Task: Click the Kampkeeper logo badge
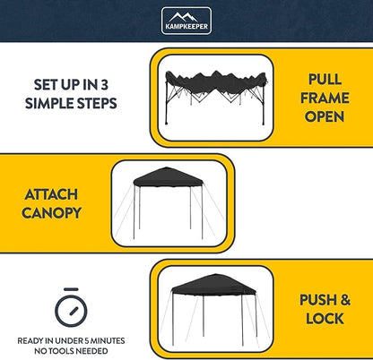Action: click(186, 21)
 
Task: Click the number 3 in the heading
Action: click(104, 85)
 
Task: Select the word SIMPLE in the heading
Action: click(49, 103)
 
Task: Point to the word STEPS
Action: click(97, 103)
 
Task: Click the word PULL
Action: click(325, 80)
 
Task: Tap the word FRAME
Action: click(325, 98)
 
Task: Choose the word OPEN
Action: click(325, 116)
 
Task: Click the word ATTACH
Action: click(51, 194)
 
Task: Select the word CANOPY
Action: click(51, 213)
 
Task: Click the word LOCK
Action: click(325, 319)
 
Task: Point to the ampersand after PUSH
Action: click(345, 300)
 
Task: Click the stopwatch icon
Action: click(71, 307)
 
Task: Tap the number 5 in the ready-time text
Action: click(87, 341)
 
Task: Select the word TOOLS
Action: click(61, 351)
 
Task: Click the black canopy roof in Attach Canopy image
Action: click(169, 177)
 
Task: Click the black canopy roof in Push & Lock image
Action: click(213, 285)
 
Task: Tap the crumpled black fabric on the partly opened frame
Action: click(216, 82)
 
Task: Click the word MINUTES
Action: click(108, 341)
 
